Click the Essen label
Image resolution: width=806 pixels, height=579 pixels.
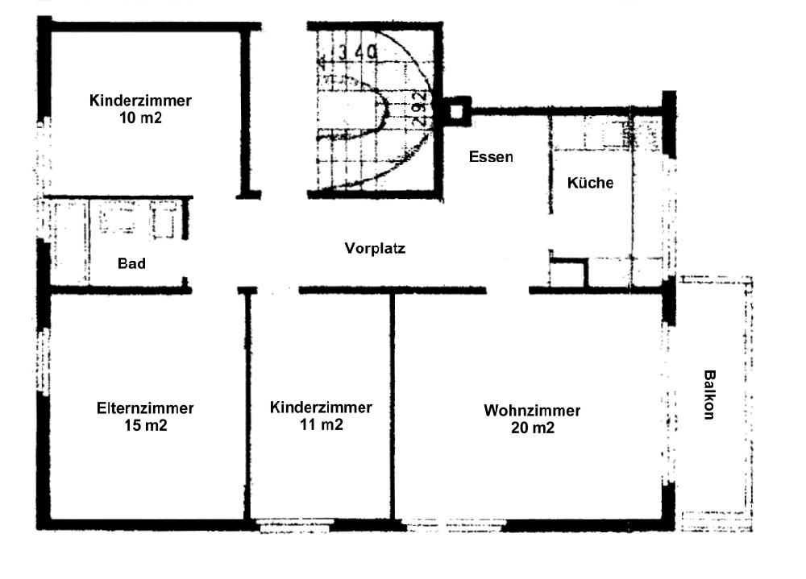pos(491,157)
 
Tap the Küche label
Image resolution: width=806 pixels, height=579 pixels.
pos(590,182)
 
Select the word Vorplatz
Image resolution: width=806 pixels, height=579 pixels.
pos(376,248)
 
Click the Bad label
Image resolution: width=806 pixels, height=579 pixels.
pos(131,263)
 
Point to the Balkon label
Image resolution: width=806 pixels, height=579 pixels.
pos(709,395)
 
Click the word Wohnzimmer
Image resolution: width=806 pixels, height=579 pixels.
pos(532,411)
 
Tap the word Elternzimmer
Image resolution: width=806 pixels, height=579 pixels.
pos(145,408)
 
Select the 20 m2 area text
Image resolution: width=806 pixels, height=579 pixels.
pos(533,428)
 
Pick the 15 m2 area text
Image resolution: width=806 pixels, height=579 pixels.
pos(145,425)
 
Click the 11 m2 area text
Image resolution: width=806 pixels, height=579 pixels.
pos(322,424)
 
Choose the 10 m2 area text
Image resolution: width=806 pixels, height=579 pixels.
pos(140,118)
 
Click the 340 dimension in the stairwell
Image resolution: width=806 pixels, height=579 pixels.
pos(358,52)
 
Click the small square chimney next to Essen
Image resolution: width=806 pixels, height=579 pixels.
pos(456,111)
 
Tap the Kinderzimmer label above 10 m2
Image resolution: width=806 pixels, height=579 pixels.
pos(140,101)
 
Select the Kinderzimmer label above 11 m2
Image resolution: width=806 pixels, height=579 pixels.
pos(321,407)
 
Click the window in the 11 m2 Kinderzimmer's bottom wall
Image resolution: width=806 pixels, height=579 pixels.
pos(294,526)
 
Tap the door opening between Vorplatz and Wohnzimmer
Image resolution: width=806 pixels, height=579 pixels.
pos(508,291)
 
